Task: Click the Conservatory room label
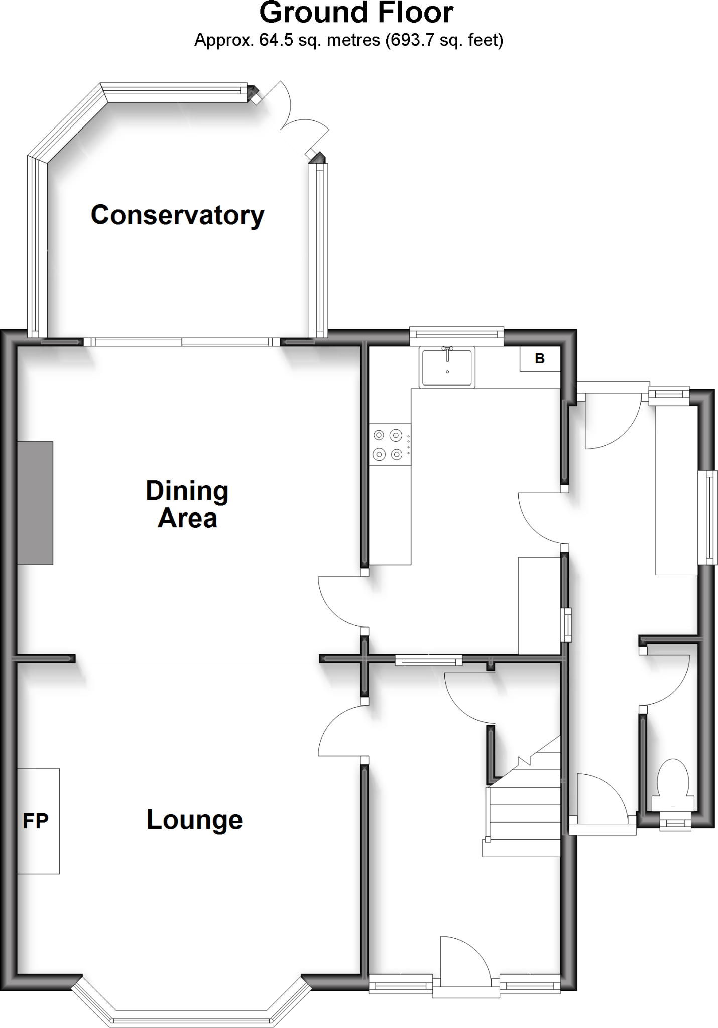click(177, 215)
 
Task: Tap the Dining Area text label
click(187, 504)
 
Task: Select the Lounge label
click(194, 820)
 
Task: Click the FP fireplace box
click(38, 821)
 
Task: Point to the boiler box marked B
click(540, 359)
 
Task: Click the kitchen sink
click(447, 367)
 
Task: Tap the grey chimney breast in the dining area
click(35, 503)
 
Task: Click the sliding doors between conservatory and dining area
click(181, 342)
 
